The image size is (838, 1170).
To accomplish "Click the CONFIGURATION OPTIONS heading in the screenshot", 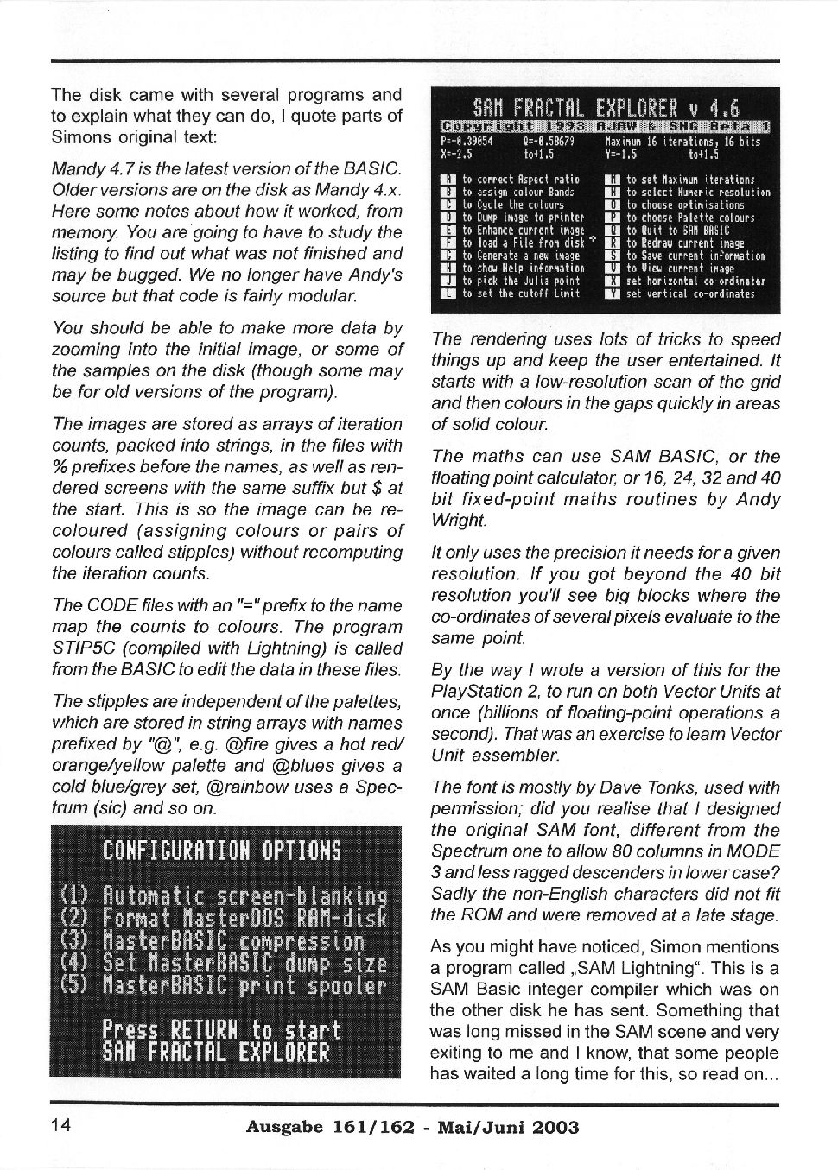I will (x=221, y=850).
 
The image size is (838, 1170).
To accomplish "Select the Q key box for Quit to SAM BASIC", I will (x=613, y=231).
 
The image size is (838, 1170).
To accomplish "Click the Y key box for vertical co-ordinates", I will (x=613, y=294).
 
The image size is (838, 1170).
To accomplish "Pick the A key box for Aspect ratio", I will (x=448, y=180).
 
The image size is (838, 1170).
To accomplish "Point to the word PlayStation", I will (x=476, y=692).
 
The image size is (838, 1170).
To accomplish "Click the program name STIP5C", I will (x=79, y=648).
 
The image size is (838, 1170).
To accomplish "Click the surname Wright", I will (x=459, y=521).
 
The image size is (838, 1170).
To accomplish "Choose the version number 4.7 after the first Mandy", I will (x=113, y=168).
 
